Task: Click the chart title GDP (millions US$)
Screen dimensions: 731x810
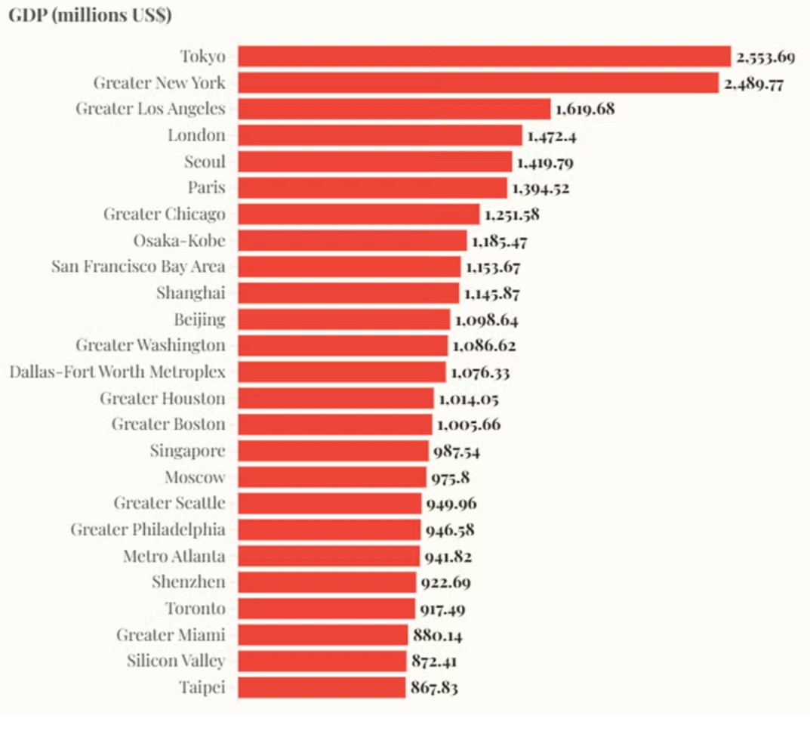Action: tap(90, 16)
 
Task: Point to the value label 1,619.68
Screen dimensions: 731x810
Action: tap(585, 109)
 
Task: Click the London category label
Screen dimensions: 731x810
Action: tap(196, 135)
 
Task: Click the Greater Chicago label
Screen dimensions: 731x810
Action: tap(165, 214)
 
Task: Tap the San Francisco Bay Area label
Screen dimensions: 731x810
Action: tap(138, 267)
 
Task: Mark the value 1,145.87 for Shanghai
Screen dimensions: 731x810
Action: tap(491, 293)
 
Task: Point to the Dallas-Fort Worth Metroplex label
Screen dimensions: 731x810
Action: tap(117, 372)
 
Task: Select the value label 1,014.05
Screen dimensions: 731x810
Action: tap(468, 399)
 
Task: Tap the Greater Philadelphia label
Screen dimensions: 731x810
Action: tap(148, 529)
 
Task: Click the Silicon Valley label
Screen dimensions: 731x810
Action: tap(175, 662)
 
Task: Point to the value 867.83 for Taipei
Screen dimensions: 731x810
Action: tap(434, 688)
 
